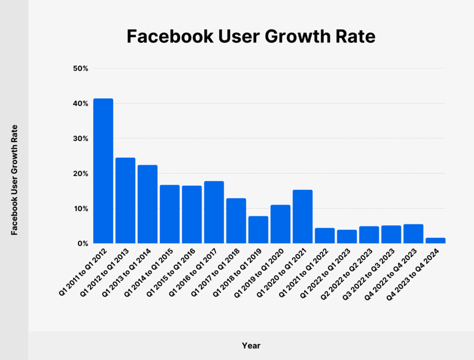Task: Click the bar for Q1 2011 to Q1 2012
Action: point(103,171)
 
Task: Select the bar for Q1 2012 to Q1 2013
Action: point(125,200)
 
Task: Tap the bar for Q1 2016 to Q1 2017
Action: point(214,212)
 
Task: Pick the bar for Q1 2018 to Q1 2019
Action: point(258,230)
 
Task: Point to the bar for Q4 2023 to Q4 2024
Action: point(436,241)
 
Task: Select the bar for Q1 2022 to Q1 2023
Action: point(347,236)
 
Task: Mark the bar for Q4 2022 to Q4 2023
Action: point(413,234)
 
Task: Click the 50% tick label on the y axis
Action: point(81,69)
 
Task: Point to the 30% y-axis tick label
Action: point(81,139)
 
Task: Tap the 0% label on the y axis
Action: point(82,243)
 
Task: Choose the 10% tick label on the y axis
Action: point(81,208)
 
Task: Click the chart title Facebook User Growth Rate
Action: point(251,37)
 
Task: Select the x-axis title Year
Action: point(251,346)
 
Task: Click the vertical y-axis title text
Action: point(14,180)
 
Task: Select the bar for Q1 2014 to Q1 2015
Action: point(170,214)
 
